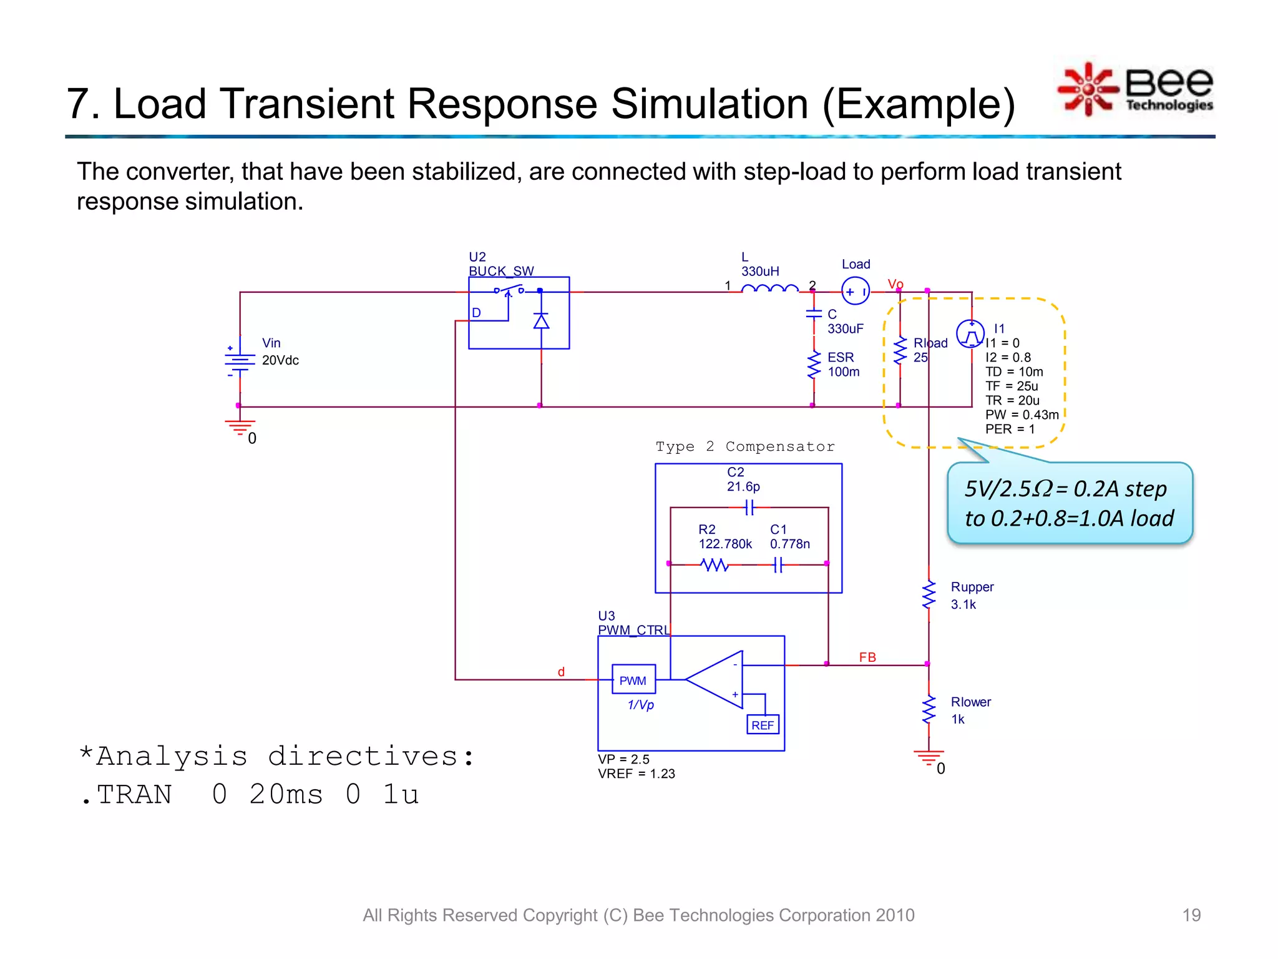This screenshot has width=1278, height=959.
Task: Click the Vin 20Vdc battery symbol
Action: click(x=240, y=360)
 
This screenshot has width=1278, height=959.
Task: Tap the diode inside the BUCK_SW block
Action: click(x=541, y=321)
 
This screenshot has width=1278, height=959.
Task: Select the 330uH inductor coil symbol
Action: click(x=770, y=288)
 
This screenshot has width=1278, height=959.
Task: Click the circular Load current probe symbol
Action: click(x=856, y=291)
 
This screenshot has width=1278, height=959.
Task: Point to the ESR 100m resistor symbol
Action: click(x=814, y=365)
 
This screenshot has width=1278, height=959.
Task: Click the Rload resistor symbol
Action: click(x=900, y=351)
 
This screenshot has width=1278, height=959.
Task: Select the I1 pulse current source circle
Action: click(x=970, y=334)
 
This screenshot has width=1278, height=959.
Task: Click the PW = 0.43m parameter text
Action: click(x=1022, y=415)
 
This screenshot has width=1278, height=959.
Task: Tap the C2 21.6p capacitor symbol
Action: click(x=749, y=508)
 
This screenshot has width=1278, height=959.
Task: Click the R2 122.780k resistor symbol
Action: click(x=715, y=565)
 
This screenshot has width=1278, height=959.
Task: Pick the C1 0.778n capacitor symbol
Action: click(x=778, y=565)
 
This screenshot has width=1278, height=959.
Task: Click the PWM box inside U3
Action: click(x=633, y=680)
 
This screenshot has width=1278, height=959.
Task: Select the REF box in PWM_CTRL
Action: click(x=763, y=725)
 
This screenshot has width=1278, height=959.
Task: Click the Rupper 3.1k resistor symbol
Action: click(x=929, y=594)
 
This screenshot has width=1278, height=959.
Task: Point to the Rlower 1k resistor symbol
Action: click(x=929, y=710)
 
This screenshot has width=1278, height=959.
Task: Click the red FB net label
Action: click(x=867, y=657)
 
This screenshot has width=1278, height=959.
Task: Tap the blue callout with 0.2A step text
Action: click(x=1070, y=503)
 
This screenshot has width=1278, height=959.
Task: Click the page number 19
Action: click(x=1191, y=915)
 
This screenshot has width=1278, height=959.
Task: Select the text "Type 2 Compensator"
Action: click(x=745, y=446)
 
